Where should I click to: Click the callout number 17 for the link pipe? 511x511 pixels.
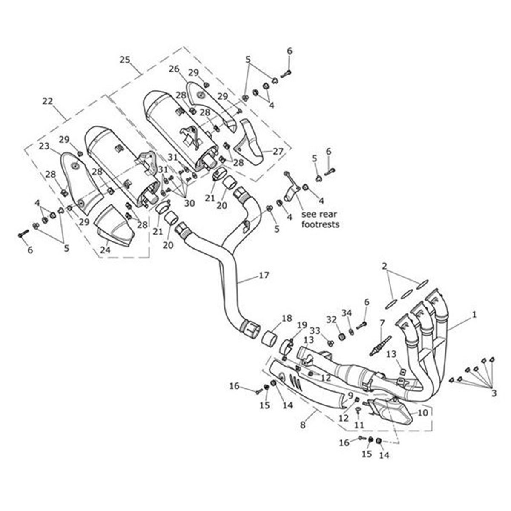point(264,276)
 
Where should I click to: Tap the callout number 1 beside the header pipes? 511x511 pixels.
point(474,316)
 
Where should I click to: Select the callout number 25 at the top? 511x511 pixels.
point(125,60)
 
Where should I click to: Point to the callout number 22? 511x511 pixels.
point(48,101)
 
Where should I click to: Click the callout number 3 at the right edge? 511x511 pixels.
point(494,393)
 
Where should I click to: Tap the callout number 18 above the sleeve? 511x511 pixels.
point(287,319)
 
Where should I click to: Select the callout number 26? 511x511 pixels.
point(174,69)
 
